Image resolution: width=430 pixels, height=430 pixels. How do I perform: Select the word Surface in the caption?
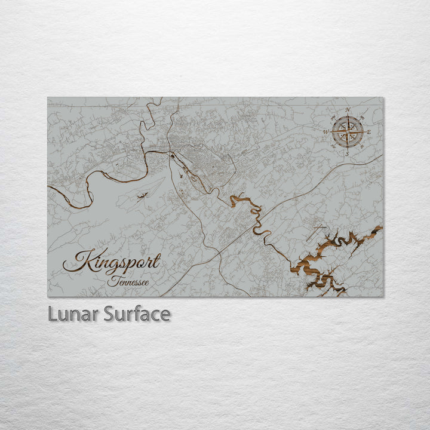[x=137, y=314]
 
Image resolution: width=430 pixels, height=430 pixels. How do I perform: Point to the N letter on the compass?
[x=348, y=109]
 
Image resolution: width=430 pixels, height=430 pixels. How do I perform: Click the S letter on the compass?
[x=347, y=153]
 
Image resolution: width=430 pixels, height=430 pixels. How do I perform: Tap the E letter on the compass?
[x=369, y=131]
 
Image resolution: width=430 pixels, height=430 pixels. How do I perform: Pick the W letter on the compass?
[x=325, y=132]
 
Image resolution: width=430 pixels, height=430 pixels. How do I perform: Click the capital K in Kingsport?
[x=75, y=262]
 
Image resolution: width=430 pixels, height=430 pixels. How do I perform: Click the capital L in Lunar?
[x=52, y=314]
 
